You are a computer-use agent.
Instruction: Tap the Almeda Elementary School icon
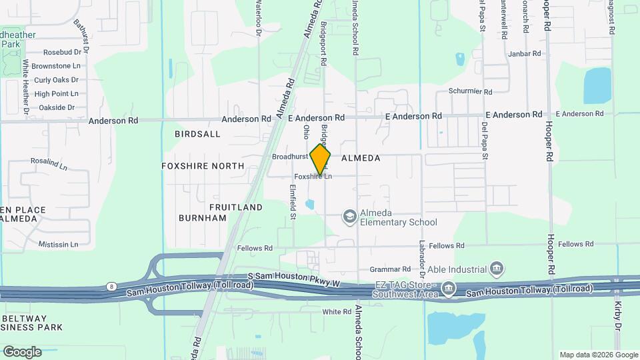click(349, 217)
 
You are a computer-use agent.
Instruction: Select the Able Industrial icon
click(496, 269)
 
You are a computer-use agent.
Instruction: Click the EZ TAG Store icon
click(449, 289)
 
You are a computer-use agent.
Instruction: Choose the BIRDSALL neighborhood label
click(197, 134)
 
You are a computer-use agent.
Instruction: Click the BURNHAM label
click(203, 218)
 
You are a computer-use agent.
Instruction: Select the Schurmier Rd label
click(470, 92)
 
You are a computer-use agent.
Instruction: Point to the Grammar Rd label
click(389, 270)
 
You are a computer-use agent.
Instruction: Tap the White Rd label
click(337, 311)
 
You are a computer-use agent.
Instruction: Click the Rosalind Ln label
click(49, 162)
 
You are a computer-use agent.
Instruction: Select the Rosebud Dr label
click(61, 51)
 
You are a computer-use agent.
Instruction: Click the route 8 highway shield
click(109, 287)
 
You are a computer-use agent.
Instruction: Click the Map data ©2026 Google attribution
click(598, 355)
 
